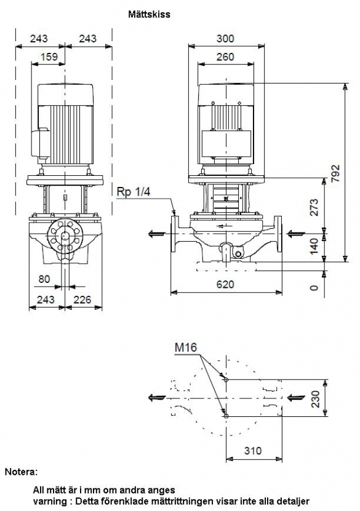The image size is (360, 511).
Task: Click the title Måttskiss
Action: point(149,14)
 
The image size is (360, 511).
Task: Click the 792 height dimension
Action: point(335,173)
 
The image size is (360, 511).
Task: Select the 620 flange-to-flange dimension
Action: point(225,285)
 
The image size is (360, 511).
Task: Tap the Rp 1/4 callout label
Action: point(134,192)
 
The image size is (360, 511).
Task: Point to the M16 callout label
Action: point(186,347)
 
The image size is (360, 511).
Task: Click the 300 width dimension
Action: point(225,39)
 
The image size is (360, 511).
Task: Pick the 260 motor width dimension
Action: point(225,57)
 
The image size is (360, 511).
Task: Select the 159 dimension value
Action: point(49,57)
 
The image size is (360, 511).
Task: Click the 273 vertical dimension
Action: point(314,207)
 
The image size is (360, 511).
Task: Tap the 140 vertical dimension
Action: point(314,246)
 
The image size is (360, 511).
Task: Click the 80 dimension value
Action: point(44,279)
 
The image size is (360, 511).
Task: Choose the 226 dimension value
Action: point(82,299)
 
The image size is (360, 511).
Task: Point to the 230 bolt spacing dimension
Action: point(315,399)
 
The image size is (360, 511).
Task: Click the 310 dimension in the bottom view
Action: point(253,451)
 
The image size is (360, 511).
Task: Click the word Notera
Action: point(21,472)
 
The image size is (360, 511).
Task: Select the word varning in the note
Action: point(50,501)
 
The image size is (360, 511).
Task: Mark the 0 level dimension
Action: point(314,288)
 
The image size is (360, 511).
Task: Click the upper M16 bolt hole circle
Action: point(226,379)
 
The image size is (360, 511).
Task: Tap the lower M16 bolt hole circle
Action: point(226,416)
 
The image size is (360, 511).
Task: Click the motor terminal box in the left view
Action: point(39,144)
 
